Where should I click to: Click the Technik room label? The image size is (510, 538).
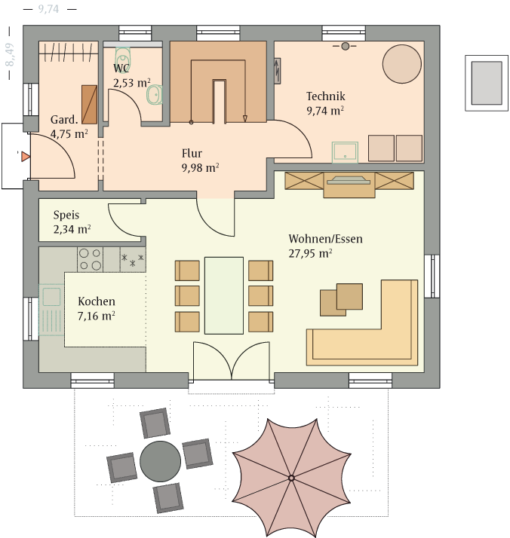click(x=326, y=96)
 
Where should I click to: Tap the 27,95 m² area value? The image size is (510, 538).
click(x=310, y=254)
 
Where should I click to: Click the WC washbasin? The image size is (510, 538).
click(x=155, y=94)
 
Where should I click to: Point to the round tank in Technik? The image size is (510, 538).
click(x=402, y=64)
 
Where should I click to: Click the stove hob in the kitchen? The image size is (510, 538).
click(x=90, y=259)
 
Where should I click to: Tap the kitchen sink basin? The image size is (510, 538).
click(x=51, y=296)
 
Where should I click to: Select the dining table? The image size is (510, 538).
click(x=224, y=295)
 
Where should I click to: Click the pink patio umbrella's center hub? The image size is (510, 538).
click(x=291, y=478)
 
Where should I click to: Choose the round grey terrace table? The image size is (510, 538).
click(x=160, y=461)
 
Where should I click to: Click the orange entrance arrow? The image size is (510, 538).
click(x=26, y=157)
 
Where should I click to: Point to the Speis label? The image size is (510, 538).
click(x=66, y=216)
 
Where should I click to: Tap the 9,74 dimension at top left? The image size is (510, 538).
click(x=48, y=9)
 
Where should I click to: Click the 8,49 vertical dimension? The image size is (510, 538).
click(x=10, y=54)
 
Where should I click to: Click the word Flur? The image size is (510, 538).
click(x=192, y=154)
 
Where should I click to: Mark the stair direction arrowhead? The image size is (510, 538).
click(x=245, y=119)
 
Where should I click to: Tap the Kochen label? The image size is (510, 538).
click(x=97, y=301)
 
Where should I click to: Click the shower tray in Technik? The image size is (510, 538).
click(x=345, y=152)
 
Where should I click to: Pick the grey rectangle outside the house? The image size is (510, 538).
click(x=487, y=83)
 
